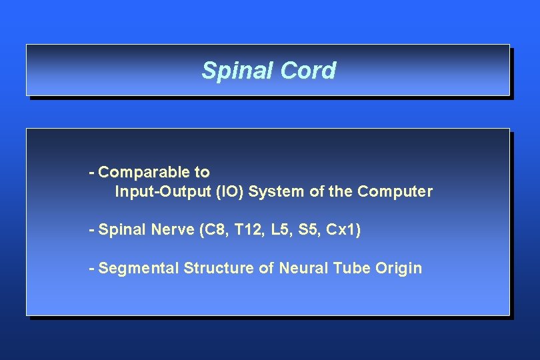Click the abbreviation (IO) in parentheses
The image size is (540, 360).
point(231,192)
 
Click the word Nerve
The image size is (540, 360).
point(172,230)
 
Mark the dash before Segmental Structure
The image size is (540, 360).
point(91,269)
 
